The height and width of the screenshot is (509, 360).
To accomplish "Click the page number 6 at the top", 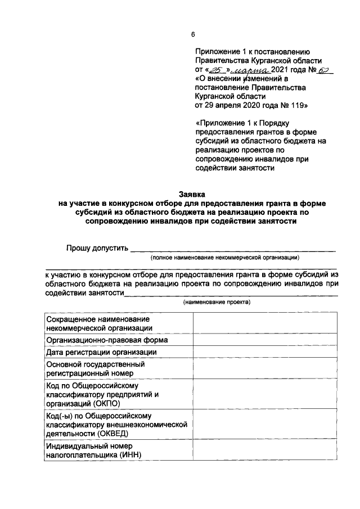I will (x=193, y=35).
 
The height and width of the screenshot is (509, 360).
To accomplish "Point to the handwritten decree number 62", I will (x=325, y=70).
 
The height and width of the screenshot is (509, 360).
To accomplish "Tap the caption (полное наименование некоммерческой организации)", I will (x=224, y=257).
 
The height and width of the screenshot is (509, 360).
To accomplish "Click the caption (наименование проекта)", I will (x=217, y=303).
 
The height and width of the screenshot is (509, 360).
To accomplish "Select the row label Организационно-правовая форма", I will (x=103, y=340).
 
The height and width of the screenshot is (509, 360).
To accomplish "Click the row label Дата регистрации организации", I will (x=101, y=352).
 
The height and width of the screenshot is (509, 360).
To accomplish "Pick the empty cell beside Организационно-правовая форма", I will (x=265, y=340).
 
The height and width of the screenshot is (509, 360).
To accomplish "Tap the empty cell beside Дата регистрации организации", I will (x=265, y=352).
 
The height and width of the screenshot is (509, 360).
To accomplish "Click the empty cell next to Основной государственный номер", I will (x=265, y=368).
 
